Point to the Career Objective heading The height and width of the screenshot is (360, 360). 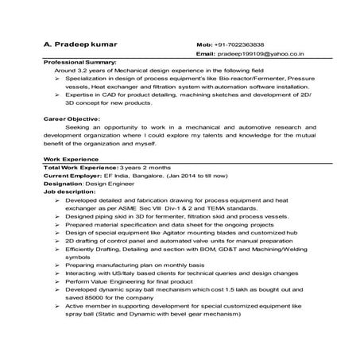tap(72, 118)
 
